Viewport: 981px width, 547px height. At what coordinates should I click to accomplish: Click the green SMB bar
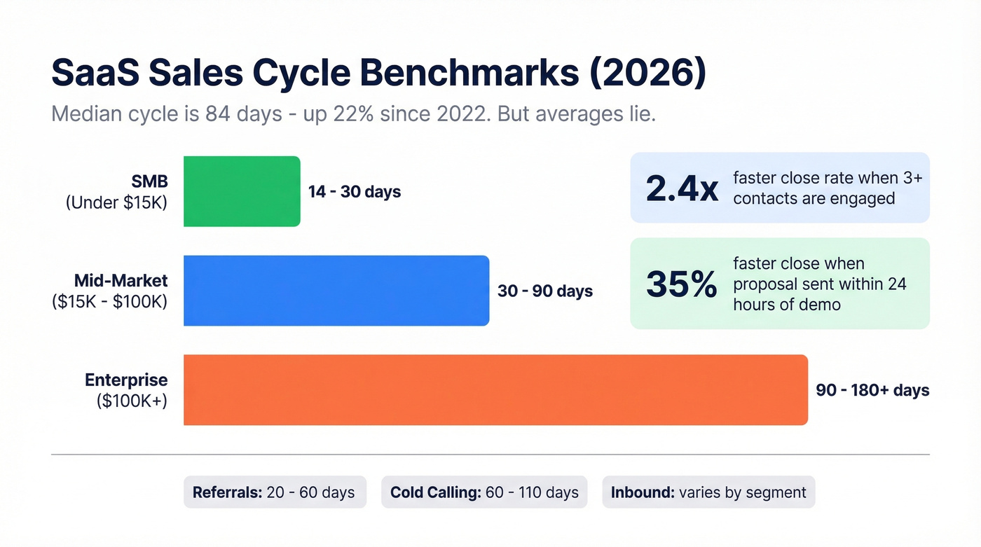tap(242, 191)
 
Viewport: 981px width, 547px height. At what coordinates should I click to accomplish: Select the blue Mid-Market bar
tap(336, 291)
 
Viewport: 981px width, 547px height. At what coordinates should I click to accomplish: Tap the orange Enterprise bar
tap(495, 390)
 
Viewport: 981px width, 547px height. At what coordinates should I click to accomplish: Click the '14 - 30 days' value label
tap(355, 191)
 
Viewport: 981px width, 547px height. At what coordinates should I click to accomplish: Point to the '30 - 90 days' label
tap(545, 291)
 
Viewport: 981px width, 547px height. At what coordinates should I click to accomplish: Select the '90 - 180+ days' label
tap(872, 390)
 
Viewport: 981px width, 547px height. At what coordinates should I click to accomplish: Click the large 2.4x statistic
tap(682, 188)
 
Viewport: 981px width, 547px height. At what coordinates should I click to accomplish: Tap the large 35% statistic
tap(682, 284)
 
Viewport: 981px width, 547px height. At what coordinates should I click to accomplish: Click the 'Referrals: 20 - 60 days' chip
tap(274, 492)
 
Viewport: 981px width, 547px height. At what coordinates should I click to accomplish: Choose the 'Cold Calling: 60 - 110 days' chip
tap(484, 492)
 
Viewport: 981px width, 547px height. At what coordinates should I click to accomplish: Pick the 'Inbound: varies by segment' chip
tap(708, 492)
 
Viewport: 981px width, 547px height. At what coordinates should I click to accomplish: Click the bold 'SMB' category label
tap(149, 181)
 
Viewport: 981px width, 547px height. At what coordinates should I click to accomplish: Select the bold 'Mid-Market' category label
tap(121, 281)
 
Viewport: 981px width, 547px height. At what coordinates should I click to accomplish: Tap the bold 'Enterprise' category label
tap(126, 380)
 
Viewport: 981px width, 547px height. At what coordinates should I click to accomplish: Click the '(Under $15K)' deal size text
tap(117, 202)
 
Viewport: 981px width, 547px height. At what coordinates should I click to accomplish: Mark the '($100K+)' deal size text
tap(132, 401)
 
